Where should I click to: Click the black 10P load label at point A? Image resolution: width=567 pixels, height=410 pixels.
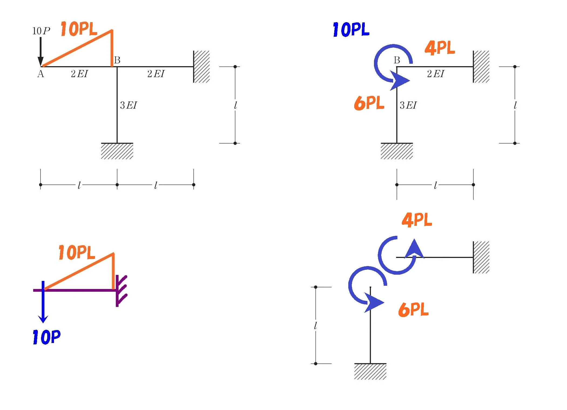pos(41,31)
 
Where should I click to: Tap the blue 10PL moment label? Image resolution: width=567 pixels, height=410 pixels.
pos(351,29)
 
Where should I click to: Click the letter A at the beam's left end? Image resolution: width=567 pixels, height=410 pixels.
pos(40,74)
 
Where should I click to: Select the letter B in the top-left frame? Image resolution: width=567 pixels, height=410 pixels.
pos(117,60)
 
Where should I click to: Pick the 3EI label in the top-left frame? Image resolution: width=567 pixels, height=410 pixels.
pos(128,105)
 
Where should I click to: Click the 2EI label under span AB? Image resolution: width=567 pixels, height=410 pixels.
pos(79,74)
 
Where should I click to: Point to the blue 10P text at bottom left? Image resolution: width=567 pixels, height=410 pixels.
pos(46,337)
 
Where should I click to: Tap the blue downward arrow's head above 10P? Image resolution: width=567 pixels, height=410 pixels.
pos(43,319)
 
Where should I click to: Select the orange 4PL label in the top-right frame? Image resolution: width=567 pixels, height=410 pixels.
pos(440,48)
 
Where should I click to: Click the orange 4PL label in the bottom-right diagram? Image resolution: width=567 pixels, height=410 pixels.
pos(417,220)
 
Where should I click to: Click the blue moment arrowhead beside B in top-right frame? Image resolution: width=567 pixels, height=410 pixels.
pos(400,80)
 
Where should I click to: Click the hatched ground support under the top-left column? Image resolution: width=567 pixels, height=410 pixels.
pos(117,151)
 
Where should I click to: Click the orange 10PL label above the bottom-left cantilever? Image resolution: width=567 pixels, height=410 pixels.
pos(77,253)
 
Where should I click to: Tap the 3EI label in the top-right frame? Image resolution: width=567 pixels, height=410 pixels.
pos(408,105)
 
